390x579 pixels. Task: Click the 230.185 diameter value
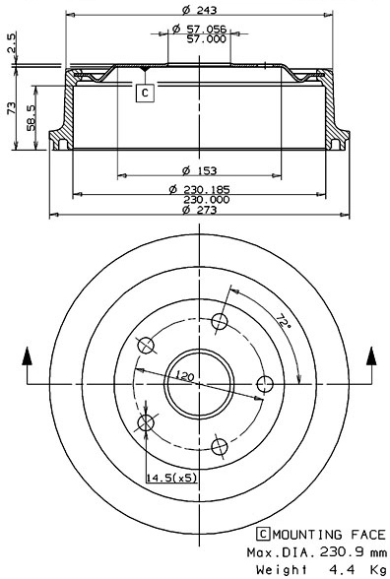(208, 188)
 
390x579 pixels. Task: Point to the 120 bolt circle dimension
(183, 375)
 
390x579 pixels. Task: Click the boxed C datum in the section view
(145, 93)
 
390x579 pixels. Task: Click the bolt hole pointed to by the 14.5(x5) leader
(148, 423)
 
